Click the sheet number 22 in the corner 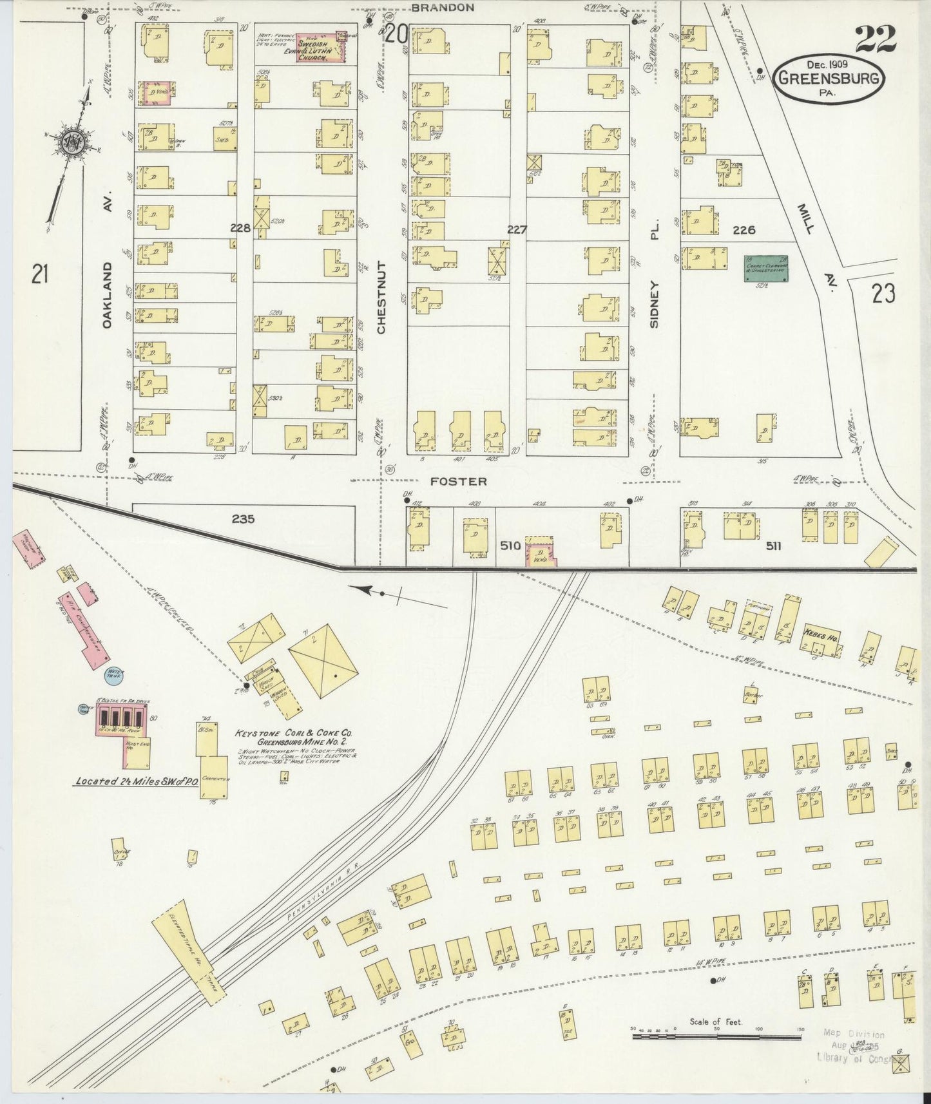pos(876,41)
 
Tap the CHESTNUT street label pos(381,297)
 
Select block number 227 pos(517,229)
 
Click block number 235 pos(244,519)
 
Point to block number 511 pos(773,546)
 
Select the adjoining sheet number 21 pos(41,275)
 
